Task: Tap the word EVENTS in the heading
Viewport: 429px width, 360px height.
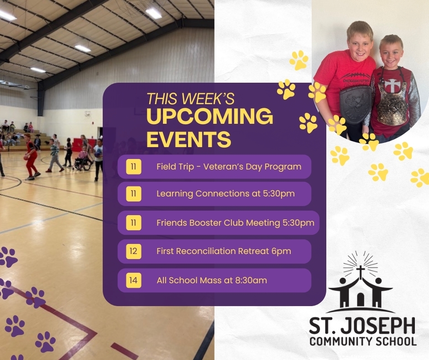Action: (x=188, y=139)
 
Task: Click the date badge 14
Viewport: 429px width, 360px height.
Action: (x=133, y=280)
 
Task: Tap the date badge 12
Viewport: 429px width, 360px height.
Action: (x=133, y=251)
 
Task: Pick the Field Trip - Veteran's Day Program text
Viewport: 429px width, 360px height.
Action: (x=229, y=166)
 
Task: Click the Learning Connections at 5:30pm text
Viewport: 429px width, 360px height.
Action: (x=225, y=194)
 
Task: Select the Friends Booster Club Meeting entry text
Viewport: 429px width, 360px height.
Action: (x=235, y=223)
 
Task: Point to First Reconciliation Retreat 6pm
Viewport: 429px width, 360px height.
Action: (x=224, y=251)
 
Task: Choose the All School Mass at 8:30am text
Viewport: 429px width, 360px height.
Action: (x=211, y=280)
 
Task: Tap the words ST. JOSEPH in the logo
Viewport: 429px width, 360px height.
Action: (x=362, y=326)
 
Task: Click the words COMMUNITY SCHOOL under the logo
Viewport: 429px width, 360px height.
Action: (x=362, y=342)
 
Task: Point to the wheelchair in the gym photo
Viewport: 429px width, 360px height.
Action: (x=83, y=163)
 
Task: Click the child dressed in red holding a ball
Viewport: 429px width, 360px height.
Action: (x=31, y=155)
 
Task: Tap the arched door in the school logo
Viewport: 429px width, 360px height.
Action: (x=361, y=300)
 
